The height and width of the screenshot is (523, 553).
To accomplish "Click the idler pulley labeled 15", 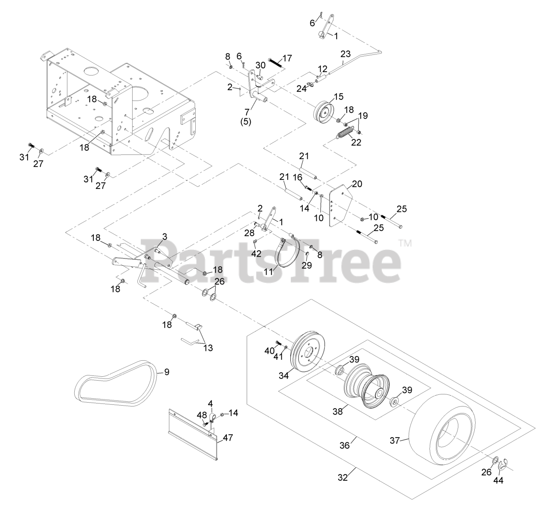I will pyautogui.click(x=326, y=113).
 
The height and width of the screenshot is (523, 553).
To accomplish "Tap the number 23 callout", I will pyautogui.click(x=346, y=54).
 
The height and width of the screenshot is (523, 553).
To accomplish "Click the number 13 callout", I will pyautogui.click(x=208, y=348).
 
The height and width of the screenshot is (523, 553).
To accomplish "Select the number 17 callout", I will pyautogui.click(x=287, y=58).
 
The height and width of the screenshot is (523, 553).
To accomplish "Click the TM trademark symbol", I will pyautogui.click(x=405, y=243).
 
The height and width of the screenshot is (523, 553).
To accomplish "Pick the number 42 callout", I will pyautogui.click(x=256, y=254).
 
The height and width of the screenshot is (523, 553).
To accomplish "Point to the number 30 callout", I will pyautogui.click(x=261, y=65).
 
